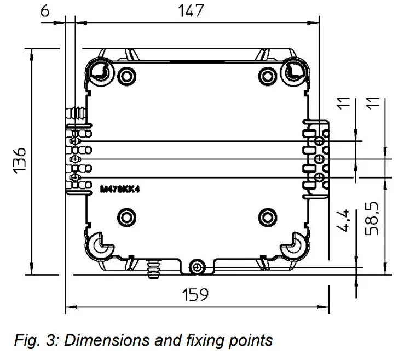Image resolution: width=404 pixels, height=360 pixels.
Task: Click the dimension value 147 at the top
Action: [x=191, y=10]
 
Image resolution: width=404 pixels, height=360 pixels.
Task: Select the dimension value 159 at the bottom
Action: [x=195, y=295]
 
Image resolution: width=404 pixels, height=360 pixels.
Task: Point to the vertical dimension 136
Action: [x=20, y=161]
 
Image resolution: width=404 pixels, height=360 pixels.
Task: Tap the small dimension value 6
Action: [x=46, y=10]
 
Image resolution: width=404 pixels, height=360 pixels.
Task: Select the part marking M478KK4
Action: [x=118, y=189]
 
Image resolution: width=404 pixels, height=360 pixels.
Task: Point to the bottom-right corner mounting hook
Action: [x=296, y=246]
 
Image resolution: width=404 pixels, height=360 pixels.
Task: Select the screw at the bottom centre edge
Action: [x=197, y=267]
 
